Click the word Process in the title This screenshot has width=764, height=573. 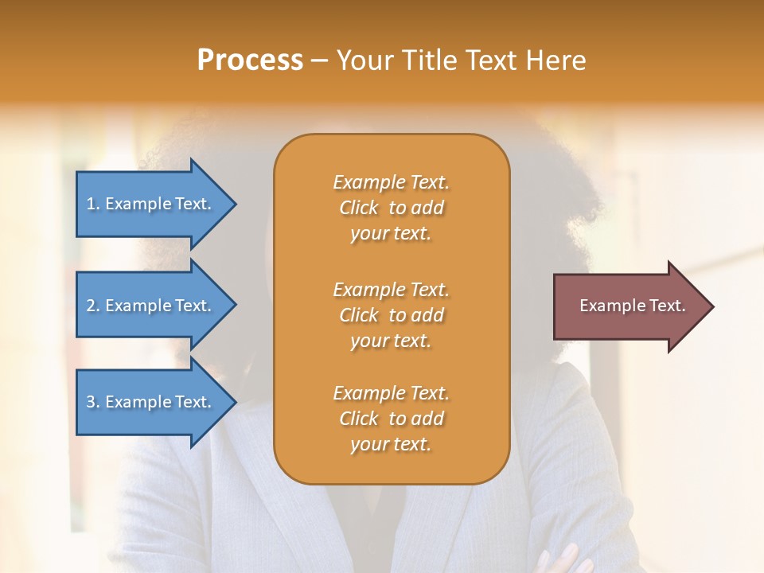[x=250, y=60]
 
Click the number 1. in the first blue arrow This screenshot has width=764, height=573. [x=93, y=204]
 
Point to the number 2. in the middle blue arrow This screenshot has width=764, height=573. [x=93, y=306]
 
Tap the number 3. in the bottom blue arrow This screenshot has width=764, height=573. [x=93, y=402]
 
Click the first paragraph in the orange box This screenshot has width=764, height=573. [x=391, y=208]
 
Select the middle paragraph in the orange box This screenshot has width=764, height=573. [x=391, y=315]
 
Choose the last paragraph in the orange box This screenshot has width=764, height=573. [x=391, y=419]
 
